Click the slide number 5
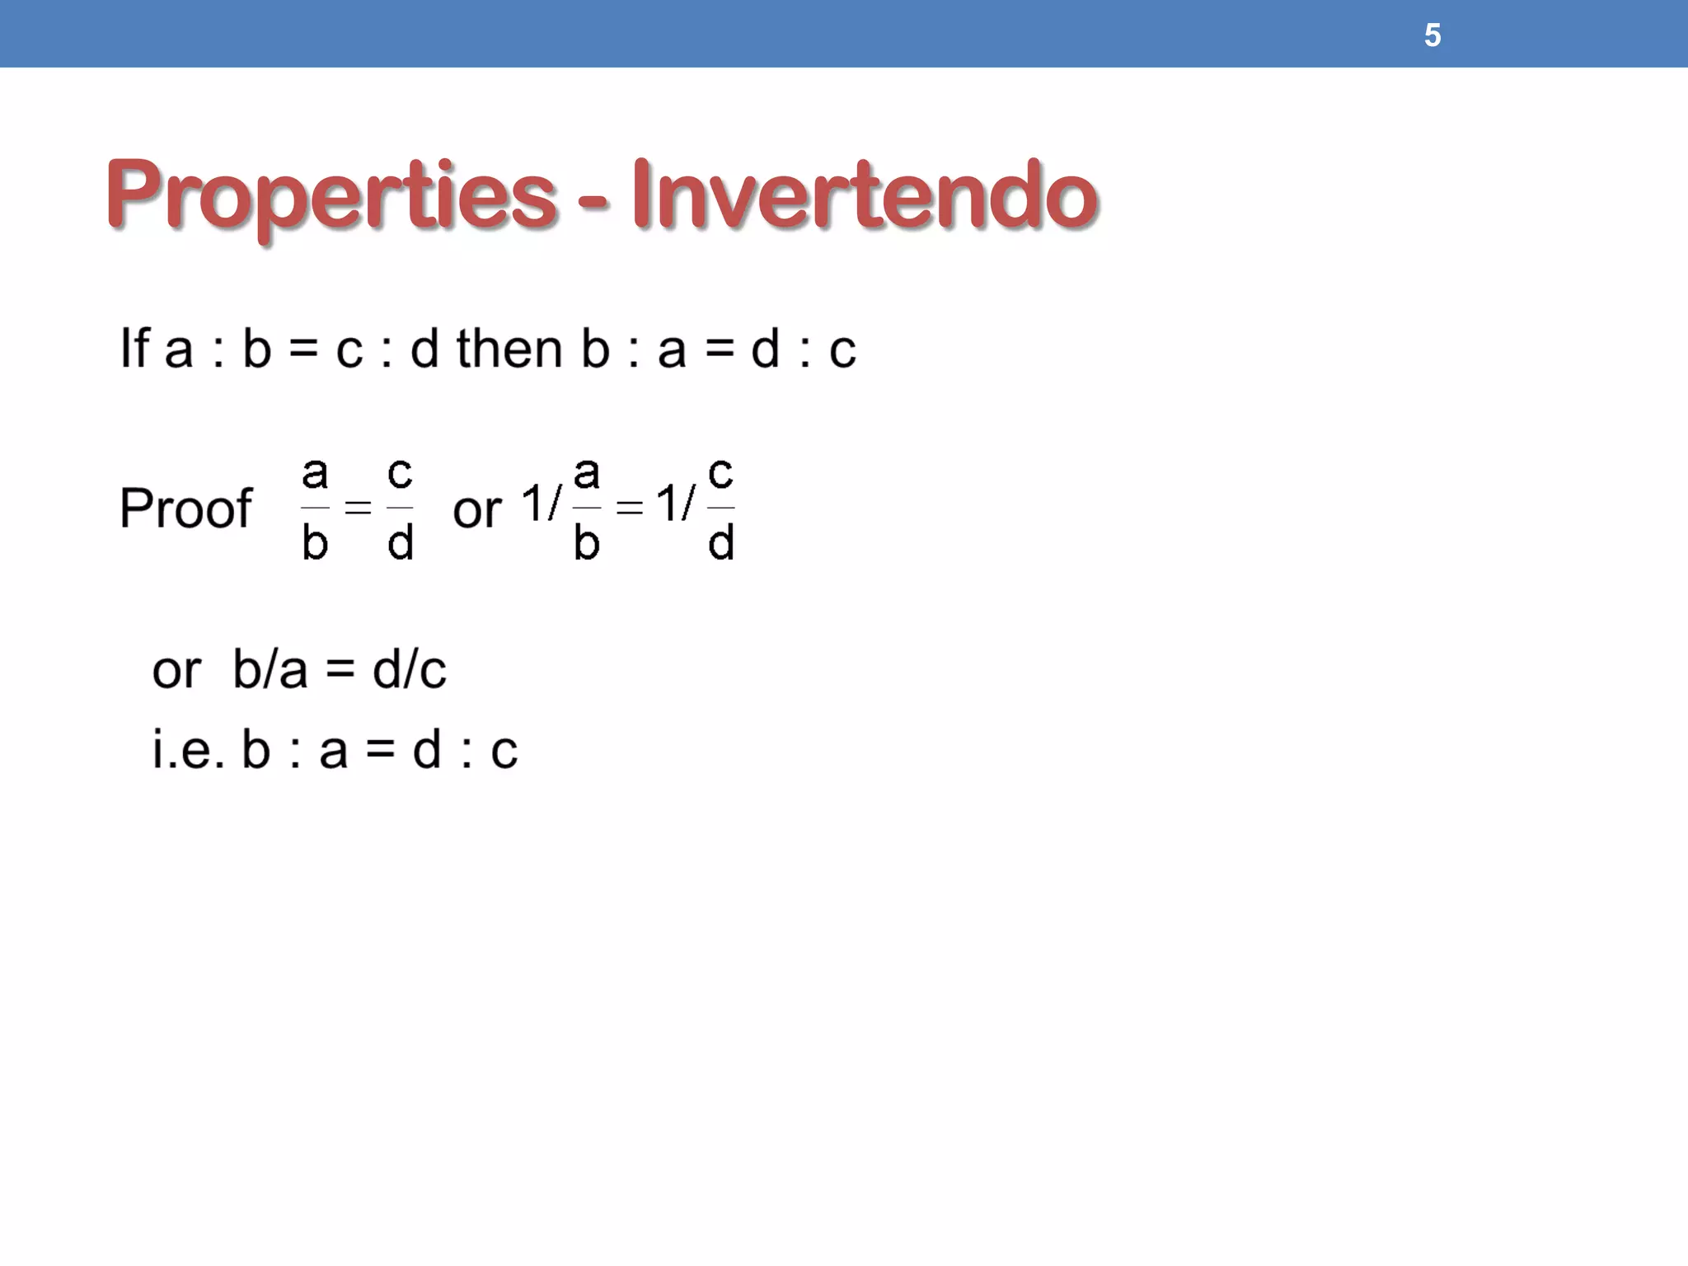coord(1432,35)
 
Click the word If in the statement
coord(135,348)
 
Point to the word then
coord(509,348)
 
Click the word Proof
coord(185,508)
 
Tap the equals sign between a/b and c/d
coord(358,508)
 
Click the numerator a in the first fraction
coord(315,474)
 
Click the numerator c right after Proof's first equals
coord(400,474)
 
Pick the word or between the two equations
coord(476,509)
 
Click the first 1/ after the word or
coord(542,503)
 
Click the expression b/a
coord(270,668)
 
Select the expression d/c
coord(410,668)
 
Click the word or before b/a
coord(176,670)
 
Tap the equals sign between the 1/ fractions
coord(629,508)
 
